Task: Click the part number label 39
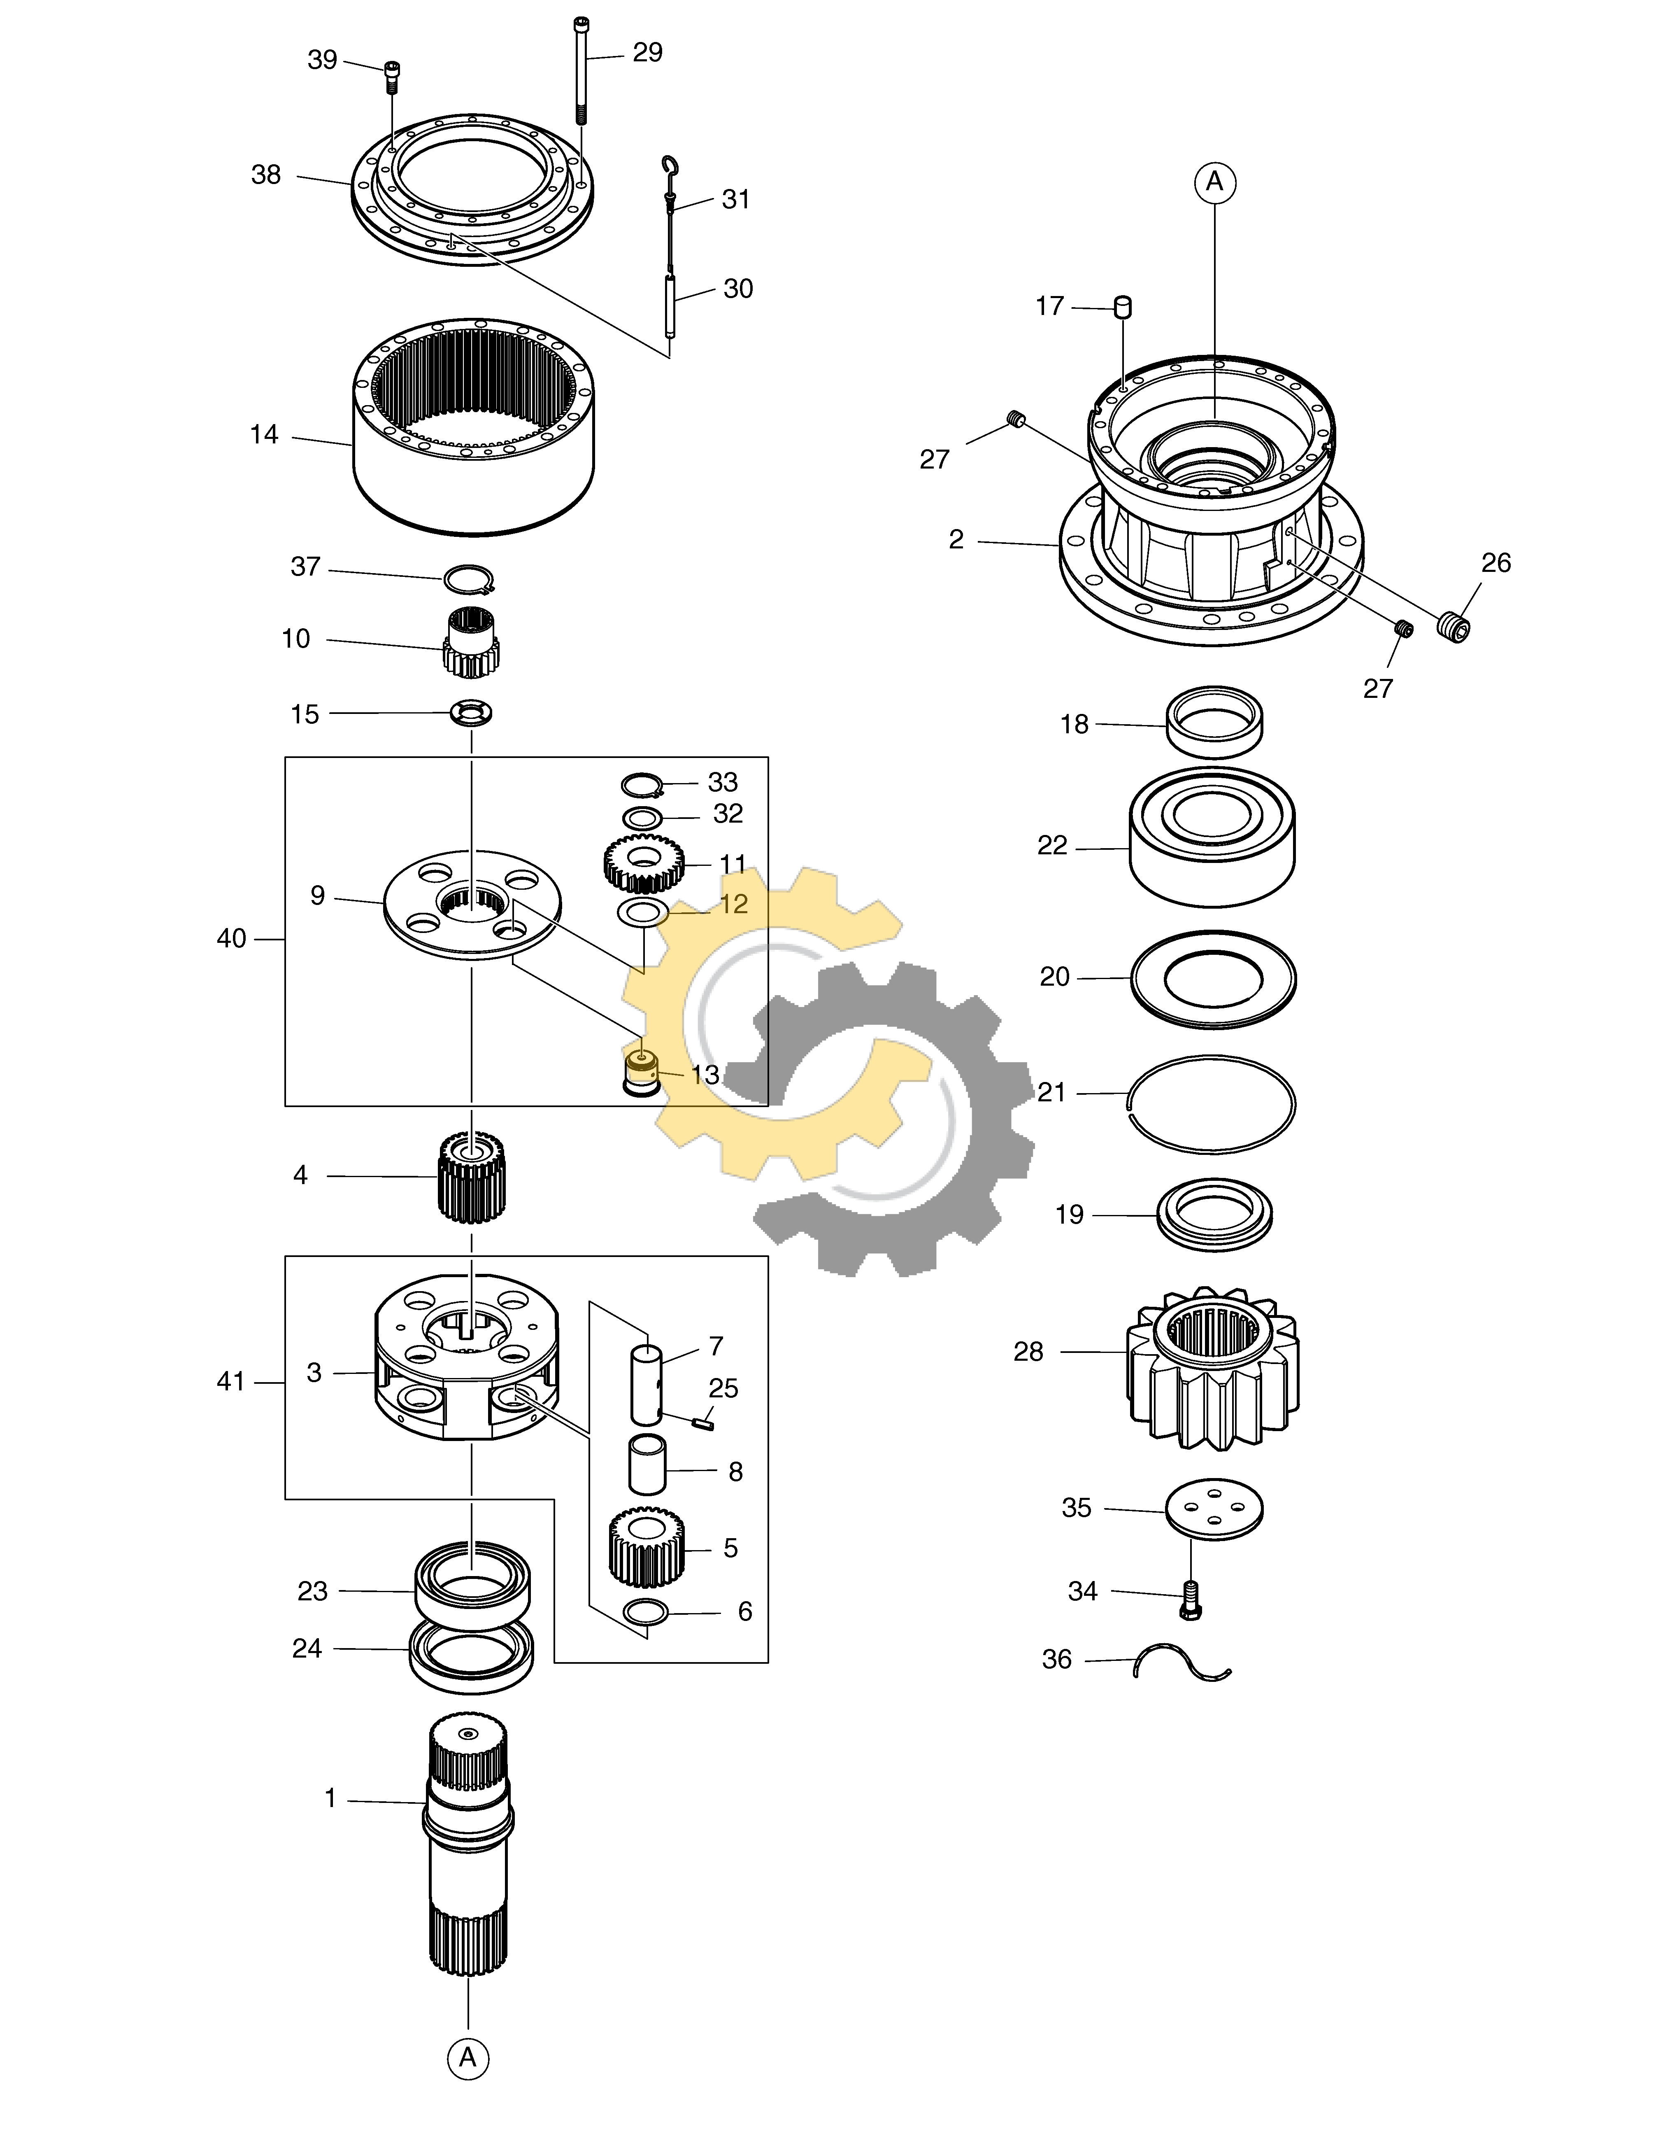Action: click(x=322, y=60)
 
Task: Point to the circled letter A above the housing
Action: click(x=1214, y=182)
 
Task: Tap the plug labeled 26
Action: click(x=1454, y=626)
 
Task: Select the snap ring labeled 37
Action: click(x=468, y=580)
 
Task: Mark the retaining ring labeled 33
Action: click(x=644, y=785)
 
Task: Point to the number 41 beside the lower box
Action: click(x=230, y=1382)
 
